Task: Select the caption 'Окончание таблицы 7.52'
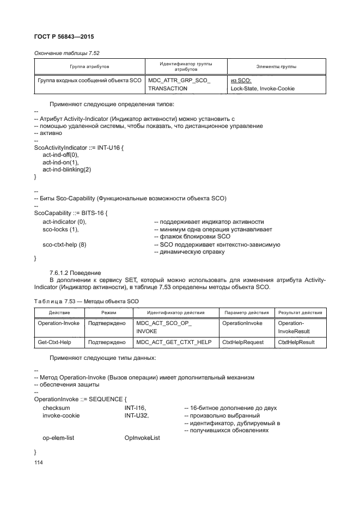67,53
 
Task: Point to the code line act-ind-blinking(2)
66,169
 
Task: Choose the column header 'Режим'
105,312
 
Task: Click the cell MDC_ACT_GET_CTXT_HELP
173,342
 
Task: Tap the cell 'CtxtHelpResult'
296,342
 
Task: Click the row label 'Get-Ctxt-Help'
55,342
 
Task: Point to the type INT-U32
137,415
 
